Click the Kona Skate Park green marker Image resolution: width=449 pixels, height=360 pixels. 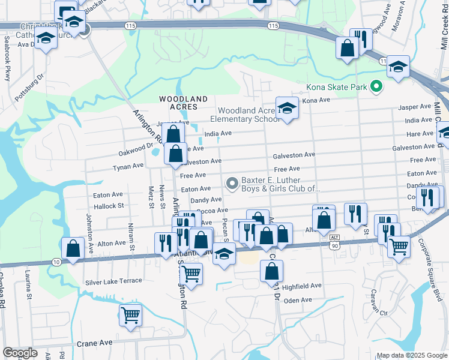pyautogui.click(x=376, y=88)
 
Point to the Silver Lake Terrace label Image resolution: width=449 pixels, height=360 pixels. pyautogui.click(x=113, y=281)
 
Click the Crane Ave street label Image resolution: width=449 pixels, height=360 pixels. pyautogui.click(x=94, y=343)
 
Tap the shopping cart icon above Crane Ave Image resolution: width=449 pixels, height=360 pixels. pyautogui.click(x=130, y=314)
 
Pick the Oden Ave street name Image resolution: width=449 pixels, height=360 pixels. pyautogui.click(x=298, y=300)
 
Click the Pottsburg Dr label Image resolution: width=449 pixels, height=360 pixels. pyautogui.click(x=30, y=88)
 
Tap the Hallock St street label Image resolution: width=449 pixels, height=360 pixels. pyautogui.click(x=108, y=205)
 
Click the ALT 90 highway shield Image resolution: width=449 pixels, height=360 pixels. pyautogui.click(x=335, y=244)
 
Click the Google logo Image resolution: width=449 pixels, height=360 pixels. pyautogui.click(x=20, y=353)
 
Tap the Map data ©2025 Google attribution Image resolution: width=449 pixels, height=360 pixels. pyautogui.click(x=411, y=355)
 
